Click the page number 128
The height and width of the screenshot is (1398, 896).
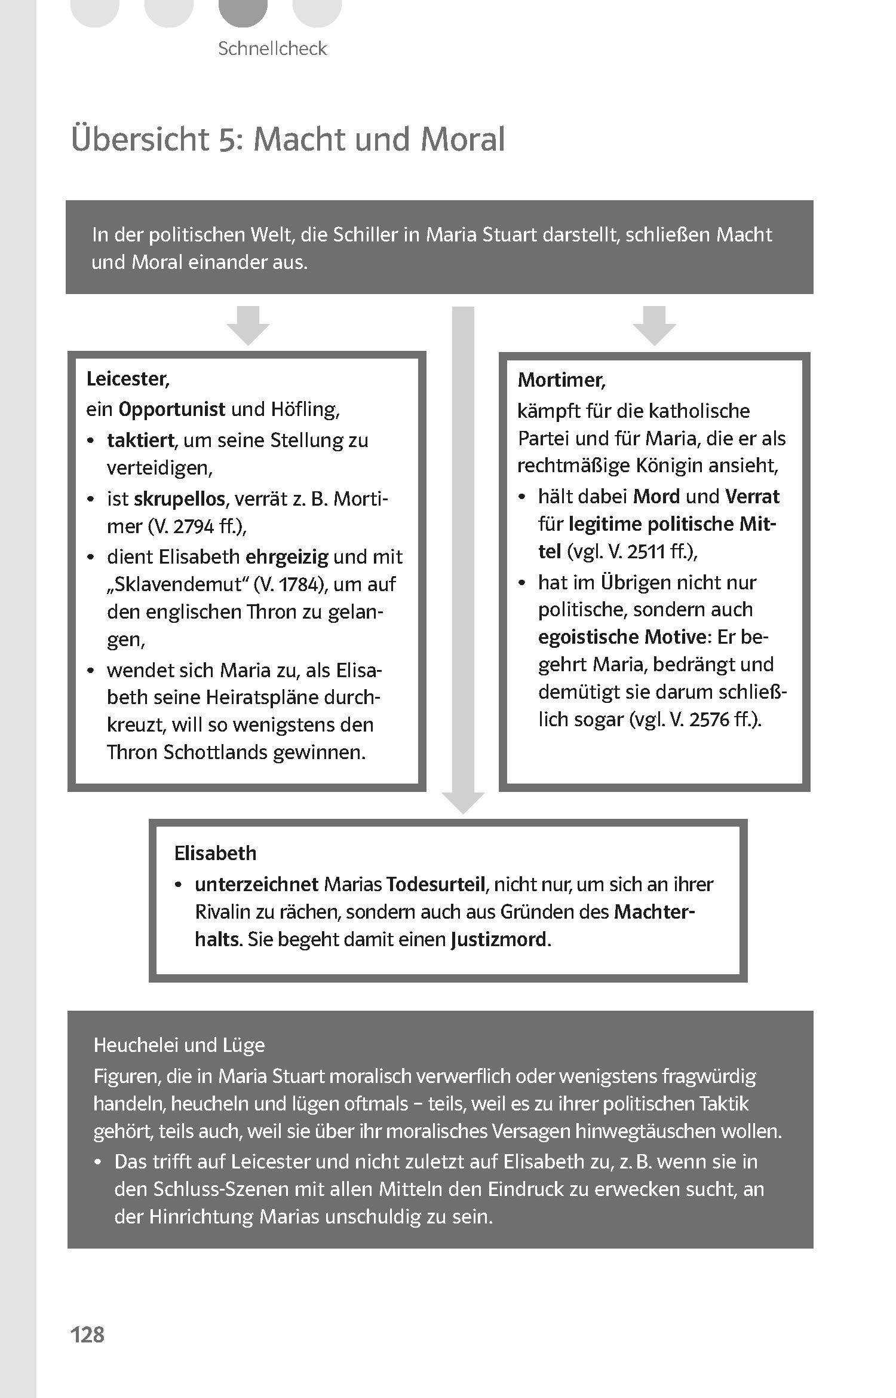[87, 1334]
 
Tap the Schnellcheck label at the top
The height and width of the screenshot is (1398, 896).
[272, 48]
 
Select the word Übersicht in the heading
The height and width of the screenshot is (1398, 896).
[140, 139]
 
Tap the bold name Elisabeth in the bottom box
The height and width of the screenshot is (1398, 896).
[215, 853]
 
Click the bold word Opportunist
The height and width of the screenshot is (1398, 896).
[172, 409]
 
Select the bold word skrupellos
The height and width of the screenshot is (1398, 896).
[180, 498]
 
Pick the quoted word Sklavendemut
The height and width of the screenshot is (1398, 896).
[177, 585]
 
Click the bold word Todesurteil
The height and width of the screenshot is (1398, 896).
[436, 884]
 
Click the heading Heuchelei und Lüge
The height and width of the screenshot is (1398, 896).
[179, 1045]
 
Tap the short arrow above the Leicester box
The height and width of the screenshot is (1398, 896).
[248, 326]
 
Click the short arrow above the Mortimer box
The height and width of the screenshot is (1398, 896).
[654, 326]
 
